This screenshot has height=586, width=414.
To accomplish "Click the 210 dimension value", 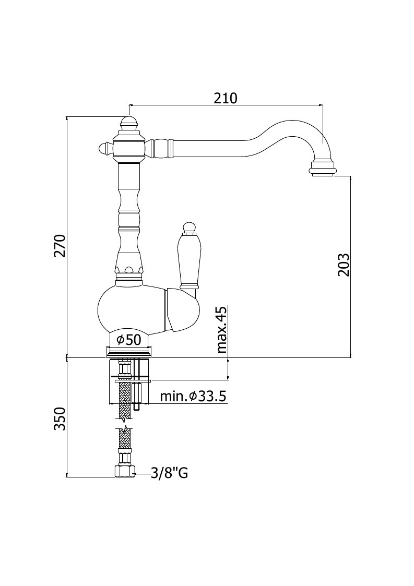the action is [226, 98].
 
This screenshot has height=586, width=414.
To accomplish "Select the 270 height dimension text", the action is [60, 246].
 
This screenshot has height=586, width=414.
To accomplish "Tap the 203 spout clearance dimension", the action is [343, 265].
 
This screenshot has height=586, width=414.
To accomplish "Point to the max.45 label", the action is [222, 330].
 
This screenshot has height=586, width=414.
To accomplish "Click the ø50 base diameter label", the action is [128, 340].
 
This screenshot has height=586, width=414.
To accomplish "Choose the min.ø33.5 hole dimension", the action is [193, 396].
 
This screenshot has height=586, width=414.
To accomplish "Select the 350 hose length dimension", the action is [60, 418].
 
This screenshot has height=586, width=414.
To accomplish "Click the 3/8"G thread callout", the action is [169, 474].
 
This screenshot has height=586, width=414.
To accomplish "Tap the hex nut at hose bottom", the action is [124, 471].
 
